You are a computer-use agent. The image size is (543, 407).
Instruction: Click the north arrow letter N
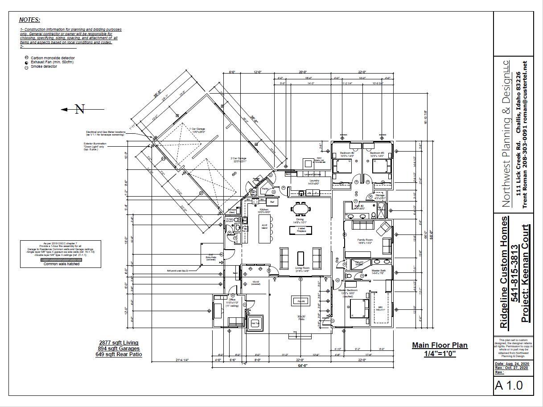tap(79, 109)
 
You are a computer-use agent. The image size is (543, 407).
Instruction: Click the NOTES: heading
tap(29, 20)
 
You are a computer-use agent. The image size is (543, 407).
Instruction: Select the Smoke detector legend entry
tap(44, 67)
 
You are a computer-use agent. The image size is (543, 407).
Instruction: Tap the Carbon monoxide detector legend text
tap(53, 58)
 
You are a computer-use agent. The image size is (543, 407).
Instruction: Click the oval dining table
tap(300, 209)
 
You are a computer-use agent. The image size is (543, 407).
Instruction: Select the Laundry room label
tap(314, 181)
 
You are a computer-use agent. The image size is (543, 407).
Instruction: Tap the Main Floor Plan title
tap(440, 345)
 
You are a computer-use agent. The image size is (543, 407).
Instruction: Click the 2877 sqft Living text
tap(119, 342)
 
